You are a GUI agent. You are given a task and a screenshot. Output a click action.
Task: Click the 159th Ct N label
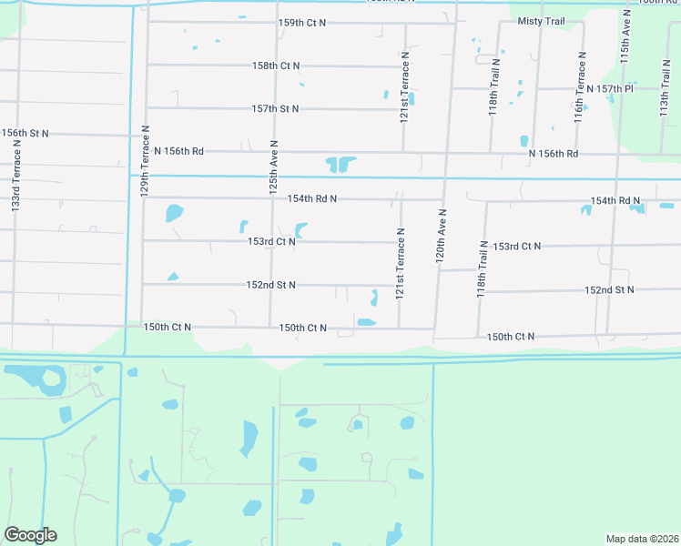(302, 22)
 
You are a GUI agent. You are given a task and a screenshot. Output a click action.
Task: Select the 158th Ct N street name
(276, 66)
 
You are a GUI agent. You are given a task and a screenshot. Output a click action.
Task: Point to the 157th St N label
(276, 108)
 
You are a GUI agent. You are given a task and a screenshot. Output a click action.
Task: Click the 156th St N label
(25, 133)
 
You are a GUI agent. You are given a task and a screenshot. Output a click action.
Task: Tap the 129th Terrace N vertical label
(144, 162)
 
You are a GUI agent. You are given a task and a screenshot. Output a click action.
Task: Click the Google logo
(30, 535)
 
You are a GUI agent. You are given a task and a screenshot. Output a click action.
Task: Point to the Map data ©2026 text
(642, 538)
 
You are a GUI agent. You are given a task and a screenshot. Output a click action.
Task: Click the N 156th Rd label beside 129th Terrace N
(179, 151)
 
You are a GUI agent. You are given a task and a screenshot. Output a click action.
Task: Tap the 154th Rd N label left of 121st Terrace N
(312, 198)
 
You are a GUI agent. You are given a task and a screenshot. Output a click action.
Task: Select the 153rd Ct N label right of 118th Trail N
(516, 247)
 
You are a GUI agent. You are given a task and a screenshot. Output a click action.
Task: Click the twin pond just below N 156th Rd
(340, 165)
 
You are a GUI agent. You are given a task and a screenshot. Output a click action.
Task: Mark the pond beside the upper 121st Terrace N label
(412, 98)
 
